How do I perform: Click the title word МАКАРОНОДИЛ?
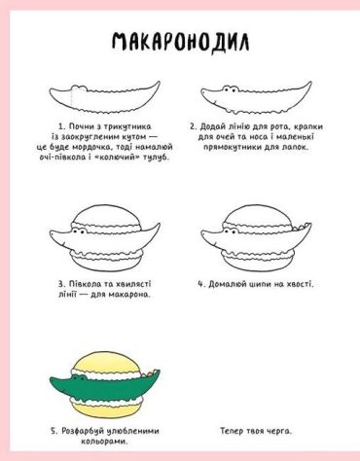pyautogui.click(x=181, y=42)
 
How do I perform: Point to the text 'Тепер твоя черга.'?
pyautogui.click(x=256, y=431)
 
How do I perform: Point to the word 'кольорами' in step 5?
pyautogui.click(x=104, y=442)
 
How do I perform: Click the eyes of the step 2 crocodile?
pyautogui.click(x=231, y=89)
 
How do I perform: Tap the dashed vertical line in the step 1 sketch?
pyautogui.click(x=71, y=97)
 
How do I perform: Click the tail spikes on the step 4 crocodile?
pyautogui.click(x=303, y=227)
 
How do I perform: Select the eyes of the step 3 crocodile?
pyautogui.click(x=80, y=231)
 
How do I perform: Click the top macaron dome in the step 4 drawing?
pyautogui.click(x=258, y=215)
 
